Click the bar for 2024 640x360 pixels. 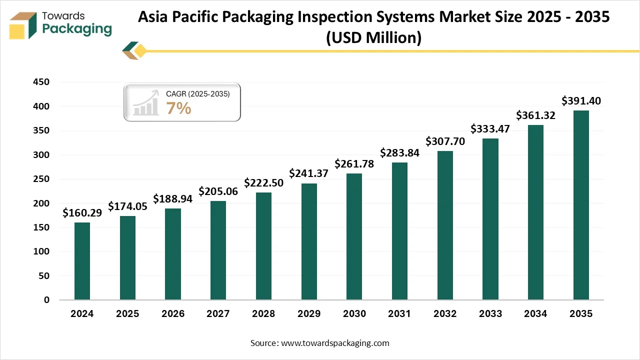[82, 261]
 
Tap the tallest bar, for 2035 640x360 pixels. [581, 205]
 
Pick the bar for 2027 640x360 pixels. [218, 250]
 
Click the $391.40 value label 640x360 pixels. [581, 100]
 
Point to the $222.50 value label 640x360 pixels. [263, 183]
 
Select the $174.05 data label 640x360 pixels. [127, 206]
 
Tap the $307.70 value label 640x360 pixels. [445, 141]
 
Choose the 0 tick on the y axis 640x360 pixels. [46, 300]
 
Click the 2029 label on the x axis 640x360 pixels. [308, 314]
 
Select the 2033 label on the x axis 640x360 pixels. [490, 314]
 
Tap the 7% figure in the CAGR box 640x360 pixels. [179, 108]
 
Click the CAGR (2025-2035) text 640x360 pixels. [198, 94]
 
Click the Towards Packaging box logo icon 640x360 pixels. [23, 25]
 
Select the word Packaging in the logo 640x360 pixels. [77, 29]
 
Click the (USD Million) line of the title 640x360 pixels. [373, 37]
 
